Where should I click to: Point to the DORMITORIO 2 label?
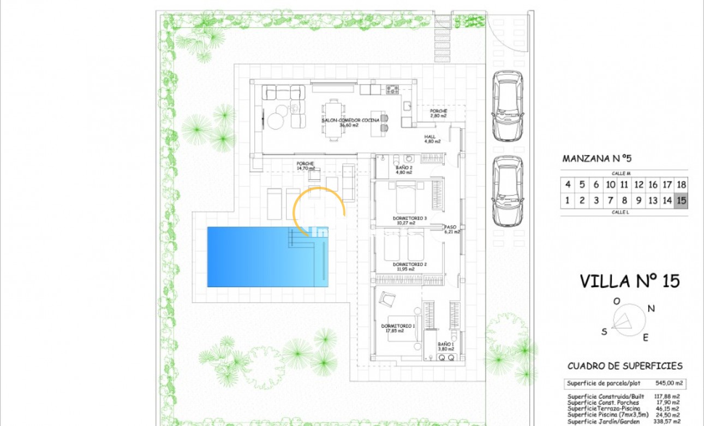click(x=409, y=265)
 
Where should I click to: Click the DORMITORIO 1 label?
click(x=397, y=328)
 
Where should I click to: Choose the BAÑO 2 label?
click(x=404, y=170)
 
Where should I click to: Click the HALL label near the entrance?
click(x=432, y=139)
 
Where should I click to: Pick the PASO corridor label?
click(x=451, y=229)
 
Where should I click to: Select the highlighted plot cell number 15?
click(x=681, y=200)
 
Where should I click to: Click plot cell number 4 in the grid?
click(x=568, y=185)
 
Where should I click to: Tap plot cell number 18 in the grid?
click(x=681, y=185)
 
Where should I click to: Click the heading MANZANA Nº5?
click(x=596, y=159)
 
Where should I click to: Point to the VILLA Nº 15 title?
click(x=629, y=281)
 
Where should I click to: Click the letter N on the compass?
click(x=651, y=309)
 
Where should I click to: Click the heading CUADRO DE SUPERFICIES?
click(x=625, y=366)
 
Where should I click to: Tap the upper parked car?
click(x=508, y=105)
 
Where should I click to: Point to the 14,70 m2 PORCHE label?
click(x=306, y=166)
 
